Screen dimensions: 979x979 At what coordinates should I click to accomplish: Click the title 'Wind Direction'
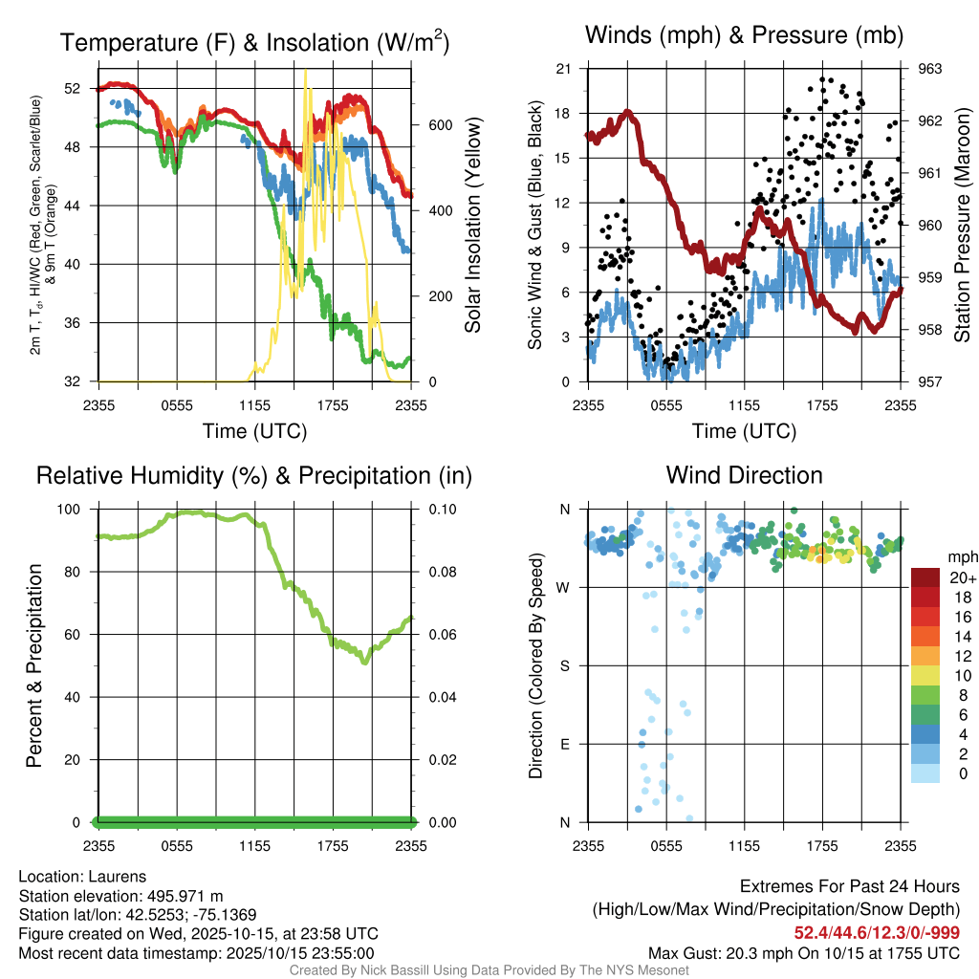coord(744,475)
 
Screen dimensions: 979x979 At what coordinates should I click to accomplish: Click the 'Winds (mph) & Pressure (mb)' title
coord(744,36)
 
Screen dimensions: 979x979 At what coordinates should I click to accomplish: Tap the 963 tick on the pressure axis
coord(929,69)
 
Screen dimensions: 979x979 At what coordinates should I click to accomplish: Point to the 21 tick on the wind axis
coord(563,69)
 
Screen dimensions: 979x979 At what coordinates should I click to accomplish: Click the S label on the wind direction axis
coord(565,665)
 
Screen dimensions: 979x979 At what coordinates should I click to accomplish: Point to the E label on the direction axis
coord(565,744)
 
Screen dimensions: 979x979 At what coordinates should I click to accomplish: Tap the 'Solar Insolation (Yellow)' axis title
coord(473,225)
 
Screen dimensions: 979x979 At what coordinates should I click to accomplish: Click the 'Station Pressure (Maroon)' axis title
coord(964,225)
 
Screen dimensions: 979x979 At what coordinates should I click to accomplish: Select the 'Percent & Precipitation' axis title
coord(34,665)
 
